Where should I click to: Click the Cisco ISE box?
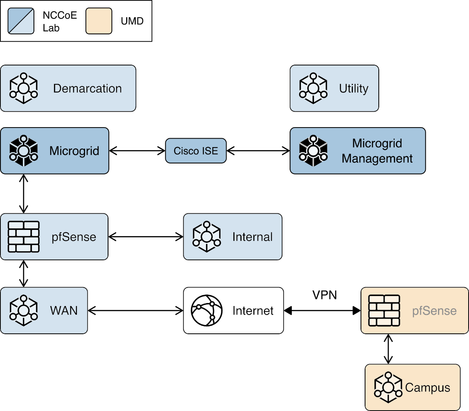point(196,151)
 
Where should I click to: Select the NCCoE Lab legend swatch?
point(21,21)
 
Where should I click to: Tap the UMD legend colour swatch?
point(99,21)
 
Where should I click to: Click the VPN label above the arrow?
point(324,295)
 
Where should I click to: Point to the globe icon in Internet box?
point(206,310)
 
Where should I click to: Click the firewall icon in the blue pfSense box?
point(24,237)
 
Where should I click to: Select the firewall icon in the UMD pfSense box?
point(384,310)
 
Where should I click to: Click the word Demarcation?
point(87,89)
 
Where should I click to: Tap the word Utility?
point(354,89)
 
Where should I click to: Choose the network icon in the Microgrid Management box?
point(313,151)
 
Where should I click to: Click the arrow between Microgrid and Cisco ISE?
point(137,151)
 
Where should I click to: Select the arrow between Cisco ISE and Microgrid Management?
point(258,151)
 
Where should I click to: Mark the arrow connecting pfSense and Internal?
point(146,237)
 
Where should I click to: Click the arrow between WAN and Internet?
point(136,311)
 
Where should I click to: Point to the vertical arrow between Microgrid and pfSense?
point(24,194)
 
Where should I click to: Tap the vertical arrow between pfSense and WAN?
point(24,274)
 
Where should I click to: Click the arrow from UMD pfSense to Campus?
point(388,349)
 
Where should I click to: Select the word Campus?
point(428,387)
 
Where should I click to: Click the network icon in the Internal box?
point(206,237)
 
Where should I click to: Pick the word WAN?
point(64,310)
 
